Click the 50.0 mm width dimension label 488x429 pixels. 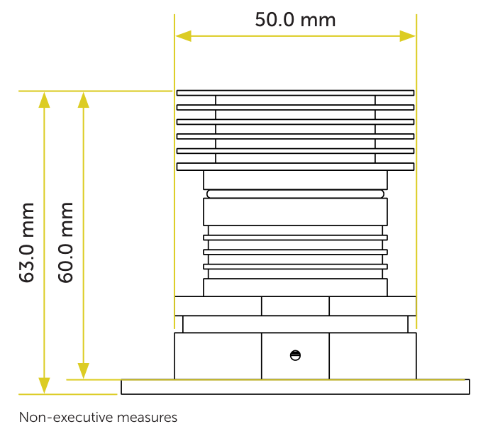pos(295,20)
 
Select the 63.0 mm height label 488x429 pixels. pos(26,243)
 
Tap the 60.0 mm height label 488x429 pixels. pos(65,243)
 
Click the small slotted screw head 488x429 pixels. pos(295,355)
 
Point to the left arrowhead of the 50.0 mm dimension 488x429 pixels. pos(183,36)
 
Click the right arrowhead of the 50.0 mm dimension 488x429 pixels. pos(407,36)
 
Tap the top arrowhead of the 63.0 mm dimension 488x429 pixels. pos(44,100)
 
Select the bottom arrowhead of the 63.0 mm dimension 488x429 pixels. pos(44,386)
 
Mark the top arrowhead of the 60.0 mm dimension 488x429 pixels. pos(84,100)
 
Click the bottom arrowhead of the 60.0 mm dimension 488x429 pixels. pos(84,371)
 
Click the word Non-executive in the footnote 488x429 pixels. pos(66,417)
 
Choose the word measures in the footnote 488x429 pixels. pos(148,418)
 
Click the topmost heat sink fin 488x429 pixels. pos(295,93)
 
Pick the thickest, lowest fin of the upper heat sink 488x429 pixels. pos(295,167)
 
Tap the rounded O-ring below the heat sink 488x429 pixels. pos(295,194)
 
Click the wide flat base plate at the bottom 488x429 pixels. pos(295,386)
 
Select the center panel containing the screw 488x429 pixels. pos(295,356)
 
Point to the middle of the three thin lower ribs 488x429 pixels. pos(295,252)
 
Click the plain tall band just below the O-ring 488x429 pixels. pos(295,212)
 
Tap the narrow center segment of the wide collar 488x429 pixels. pos(295,306)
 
